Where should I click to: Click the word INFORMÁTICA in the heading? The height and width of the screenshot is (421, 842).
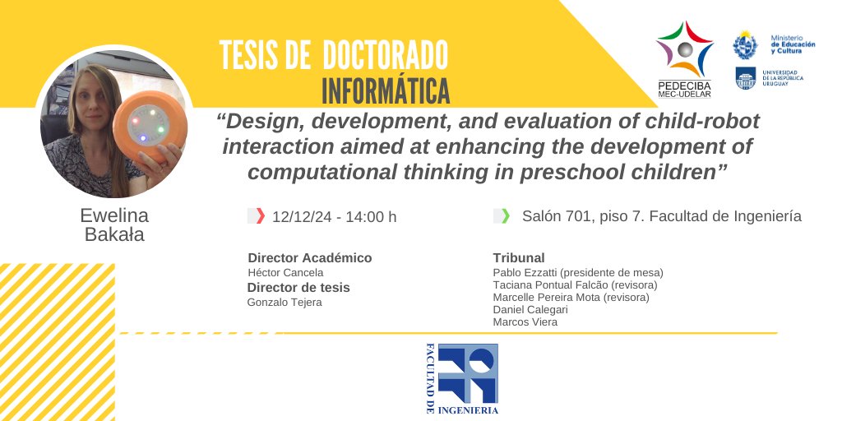coord(386,89)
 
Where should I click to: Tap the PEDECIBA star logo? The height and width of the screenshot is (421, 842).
coord(684,50)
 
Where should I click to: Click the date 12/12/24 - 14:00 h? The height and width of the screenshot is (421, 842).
coord(334,217)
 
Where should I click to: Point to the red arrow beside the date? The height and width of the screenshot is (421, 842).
coord(261,216)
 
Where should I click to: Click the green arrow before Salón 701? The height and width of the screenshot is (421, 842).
coord(505,216)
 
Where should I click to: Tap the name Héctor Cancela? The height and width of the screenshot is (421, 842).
coord(285,272)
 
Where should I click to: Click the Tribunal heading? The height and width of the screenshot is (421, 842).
coord(518,257)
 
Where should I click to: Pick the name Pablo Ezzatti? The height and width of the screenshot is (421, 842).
coord(525,272)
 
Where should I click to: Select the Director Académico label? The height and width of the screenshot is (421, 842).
coord(309,257)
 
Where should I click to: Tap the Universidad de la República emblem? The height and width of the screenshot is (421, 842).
coord(745,78)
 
